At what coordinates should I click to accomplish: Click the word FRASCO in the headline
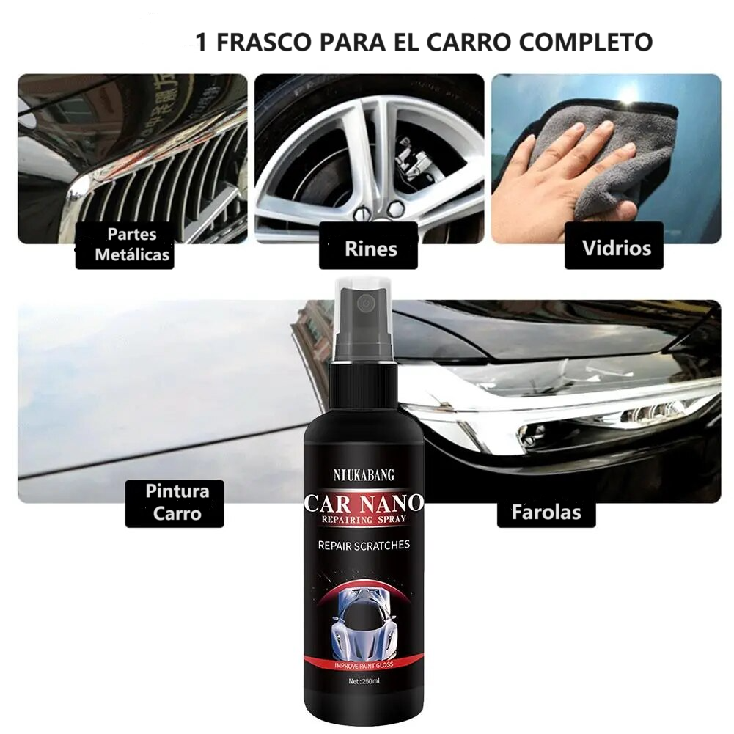point(263,41)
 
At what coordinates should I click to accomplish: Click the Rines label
point(370,248)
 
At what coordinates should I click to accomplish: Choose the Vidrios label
point(616,247)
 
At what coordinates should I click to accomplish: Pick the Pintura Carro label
point(177,502)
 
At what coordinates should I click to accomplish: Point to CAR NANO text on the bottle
point(364,504)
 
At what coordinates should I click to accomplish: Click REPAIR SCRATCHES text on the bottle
point(364,545)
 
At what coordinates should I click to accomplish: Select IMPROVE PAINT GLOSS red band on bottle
point(364,664)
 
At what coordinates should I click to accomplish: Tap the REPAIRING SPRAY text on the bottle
point(364,520)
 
